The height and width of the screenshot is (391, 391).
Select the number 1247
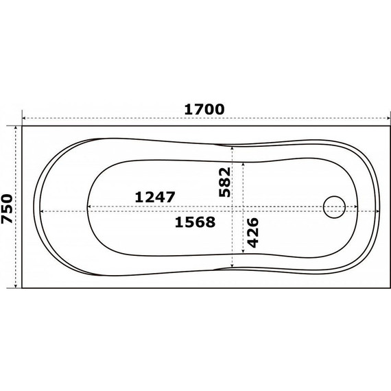[155, 196]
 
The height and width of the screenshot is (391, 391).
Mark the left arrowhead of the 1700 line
[25, 118]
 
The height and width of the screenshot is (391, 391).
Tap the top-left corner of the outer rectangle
[23, 126]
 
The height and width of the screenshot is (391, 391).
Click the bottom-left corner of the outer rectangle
[23, 288]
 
